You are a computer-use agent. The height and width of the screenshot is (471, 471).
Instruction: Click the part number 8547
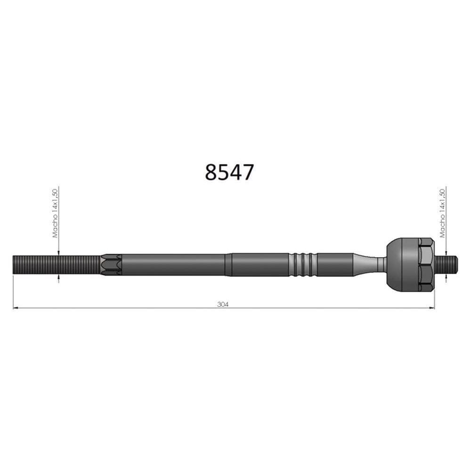click(x=229, y=172)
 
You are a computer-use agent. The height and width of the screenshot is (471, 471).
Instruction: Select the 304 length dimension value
click(x=223, y=304)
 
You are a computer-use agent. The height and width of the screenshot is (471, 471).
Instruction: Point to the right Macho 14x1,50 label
click(x=442, y=213)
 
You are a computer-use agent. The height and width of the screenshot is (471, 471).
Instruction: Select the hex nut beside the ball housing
click(x=426, y=264)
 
